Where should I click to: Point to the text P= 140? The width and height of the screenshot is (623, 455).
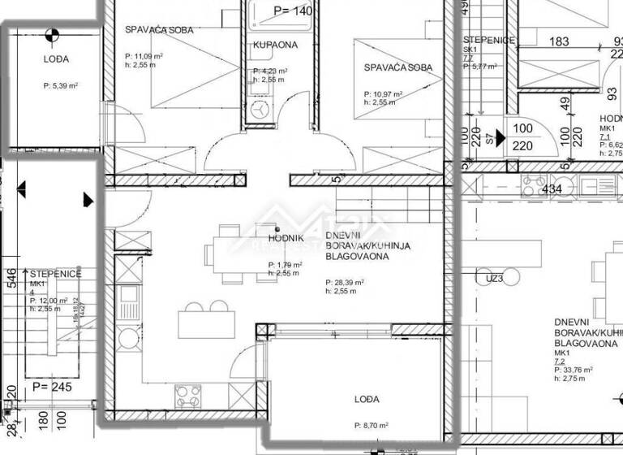pos(293,11)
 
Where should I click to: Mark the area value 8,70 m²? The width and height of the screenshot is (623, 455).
pos(372,425)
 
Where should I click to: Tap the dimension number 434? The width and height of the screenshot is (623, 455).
pos(552,189)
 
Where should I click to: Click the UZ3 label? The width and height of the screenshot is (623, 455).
pos(496,278)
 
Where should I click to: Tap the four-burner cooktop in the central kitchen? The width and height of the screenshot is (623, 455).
pos(189,396)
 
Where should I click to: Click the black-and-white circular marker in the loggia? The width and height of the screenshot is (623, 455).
pos(53,35)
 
